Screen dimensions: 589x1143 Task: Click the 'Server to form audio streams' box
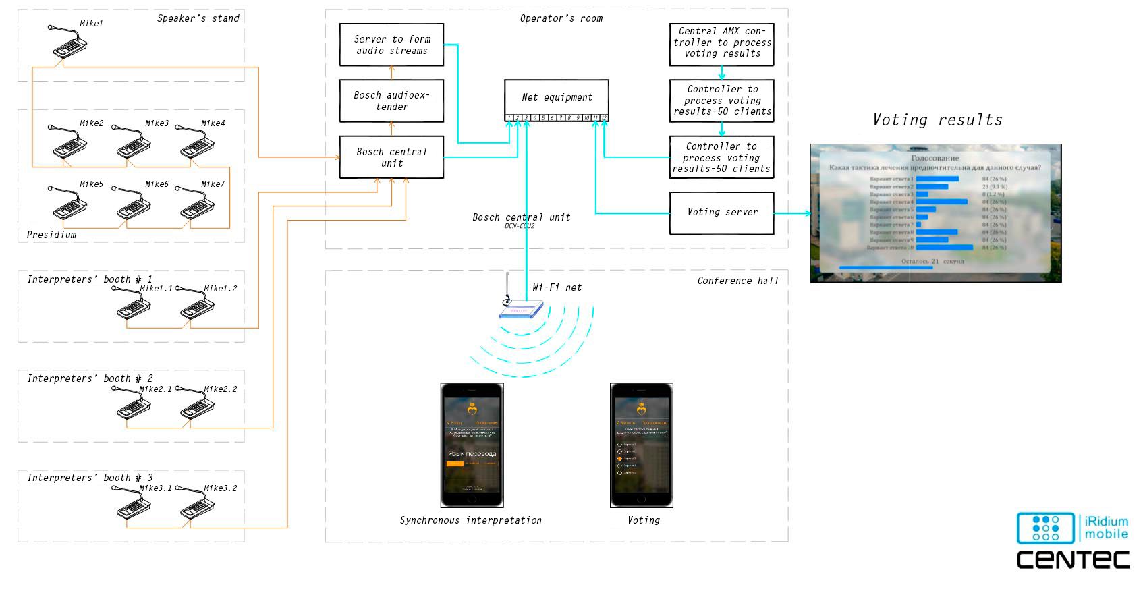coord(391,45)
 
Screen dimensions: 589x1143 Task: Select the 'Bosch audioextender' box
coord(391,101)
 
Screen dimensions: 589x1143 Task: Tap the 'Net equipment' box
coord(557,97)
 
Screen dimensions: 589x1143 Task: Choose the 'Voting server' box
coord(721,213)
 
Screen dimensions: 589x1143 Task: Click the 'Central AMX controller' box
coord(721,43)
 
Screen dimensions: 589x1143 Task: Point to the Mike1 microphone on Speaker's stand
coord(68,43)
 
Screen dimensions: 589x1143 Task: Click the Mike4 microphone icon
coord(196,142)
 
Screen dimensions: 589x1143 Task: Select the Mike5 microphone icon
coord(68,203)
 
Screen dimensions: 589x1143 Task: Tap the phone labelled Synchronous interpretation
coord(472,445)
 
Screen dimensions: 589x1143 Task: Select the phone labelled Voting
coord(641,445)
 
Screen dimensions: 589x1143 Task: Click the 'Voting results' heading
coord(937,120)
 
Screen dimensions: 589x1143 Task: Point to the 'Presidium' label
coord(51,235)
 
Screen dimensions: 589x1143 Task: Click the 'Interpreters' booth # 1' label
coord(89,279)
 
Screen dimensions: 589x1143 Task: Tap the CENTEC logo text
coord(1073,559)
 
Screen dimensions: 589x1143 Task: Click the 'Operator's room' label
coord(561,18)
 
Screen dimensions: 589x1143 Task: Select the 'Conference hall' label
coord(737,281)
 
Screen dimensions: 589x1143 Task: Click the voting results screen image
coord(935,213)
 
